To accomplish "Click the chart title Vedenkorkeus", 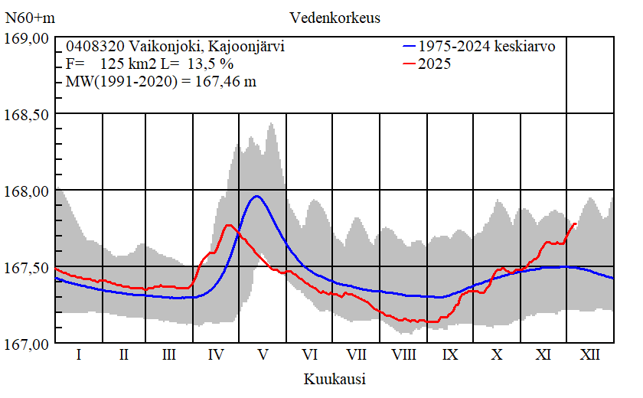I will [x=335, y=17].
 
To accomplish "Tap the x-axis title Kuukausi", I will [x=334, y=379].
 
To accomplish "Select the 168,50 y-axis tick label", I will [x=28, y=115].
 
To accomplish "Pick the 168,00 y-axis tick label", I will [x=28, y=191].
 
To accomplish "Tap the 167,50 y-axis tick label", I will [x=28, y=268].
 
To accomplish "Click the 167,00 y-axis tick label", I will [x=28, y=344].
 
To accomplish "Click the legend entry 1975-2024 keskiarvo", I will [x=486, y=46].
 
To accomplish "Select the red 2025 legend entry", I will [x=434, y=64].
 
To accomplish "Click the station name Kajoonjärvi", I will [x=246, y=47].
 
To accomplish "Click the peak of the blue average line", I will [x=257, y=196].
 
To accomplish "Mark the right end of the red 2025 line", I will [x=576, y=223].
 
